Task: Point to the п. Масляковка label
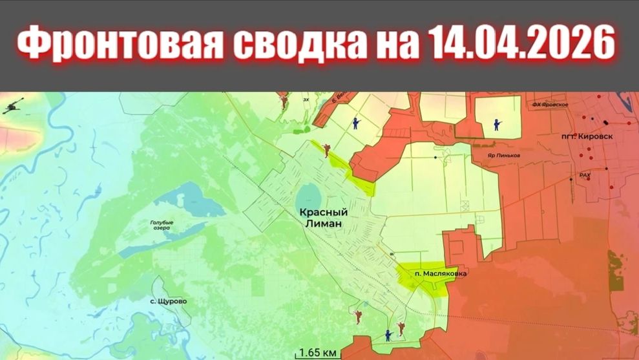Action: pos(440,273)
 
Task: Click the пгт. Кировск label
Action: pos(587,137)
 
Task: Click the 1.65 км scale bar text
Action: pos(318,353)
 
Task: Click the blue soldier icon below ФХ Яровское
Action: pos(496,124)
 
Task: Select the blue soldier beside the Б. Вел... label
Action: pos(355,123)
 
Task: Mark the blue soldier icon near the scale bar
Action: pos(388,335)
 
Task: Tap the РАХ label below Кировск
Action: pos(585,175)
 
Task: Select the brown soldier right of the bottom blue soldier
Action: pos(401,329)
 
